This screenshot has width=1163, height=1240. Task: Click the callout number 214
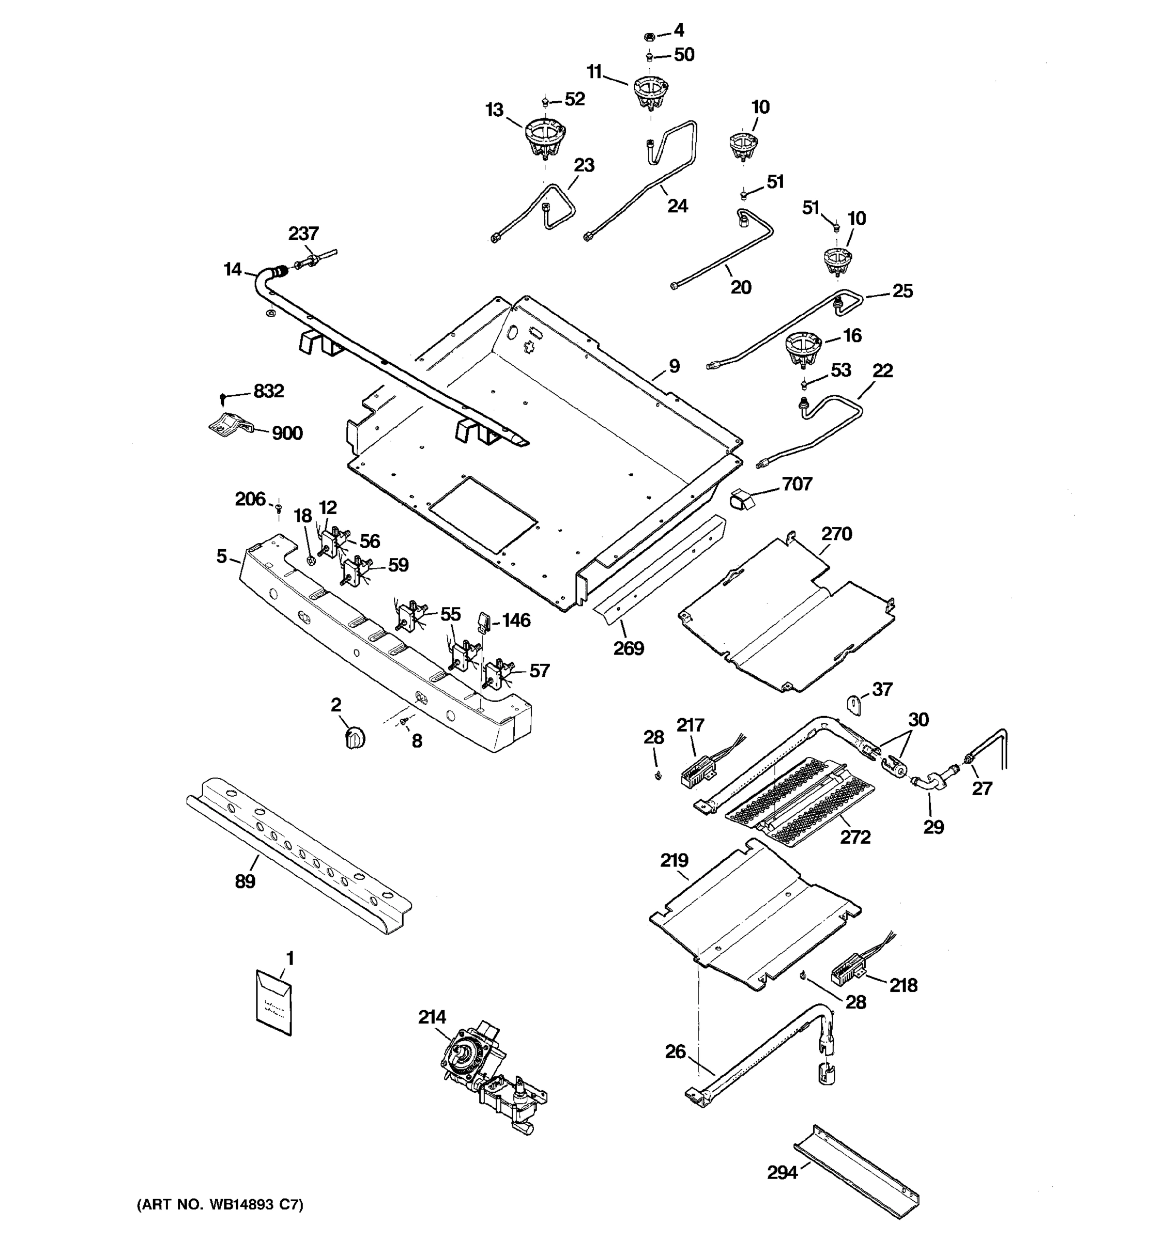pyautogui.click(x=432, y=1017)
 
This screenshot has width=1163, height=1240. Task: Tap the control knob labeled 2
pyautogui.click(x=355, y=737)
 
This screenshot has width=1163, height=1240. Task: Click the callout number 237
pyautogui.click(x=303, y=234)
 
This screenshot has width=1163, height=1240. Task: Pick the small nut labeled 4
pyautogui.click(x=649, y=36)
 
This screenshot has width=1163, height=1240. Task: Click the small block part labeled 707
pyautogui.click(x=741, y=499)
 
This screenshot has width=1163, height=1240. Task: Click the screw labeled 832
pyautogui.click(x=223, y=397)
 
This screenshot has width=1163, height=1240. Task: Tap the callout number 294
pyautogui.click(x=782, y=1173)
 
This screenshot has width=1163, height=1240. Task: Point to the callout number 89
pyautogui.click(x=245, y=881)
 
